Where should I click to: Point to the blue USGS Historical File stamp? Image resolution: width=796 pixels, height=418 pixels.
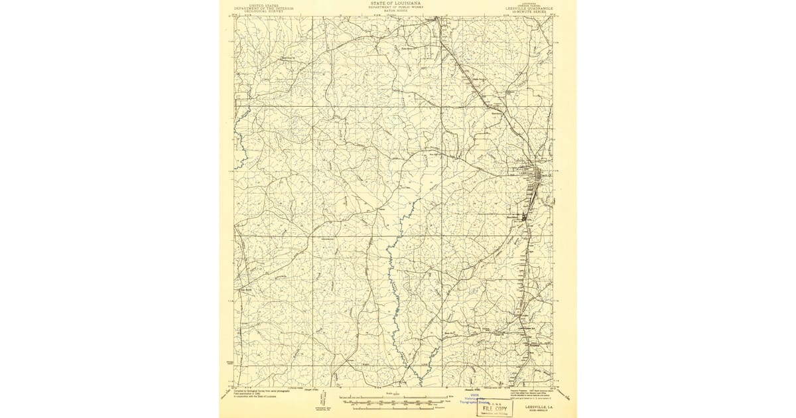(x=475, y=399)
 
